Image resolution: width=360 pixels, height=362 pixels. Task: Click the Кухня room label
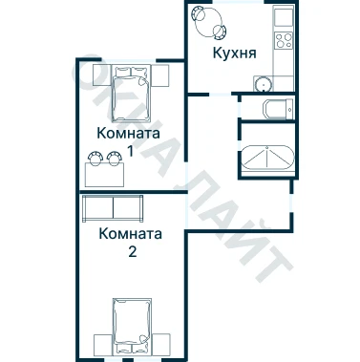pos(234,53)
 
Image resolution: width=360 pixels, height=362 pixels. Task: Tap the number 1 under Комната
pos(130,151)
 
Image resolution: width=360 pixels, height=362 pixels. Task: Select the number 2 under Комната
pos(133,252)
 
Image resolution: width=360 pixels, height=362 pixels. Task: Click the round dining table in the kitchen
pos(207,21)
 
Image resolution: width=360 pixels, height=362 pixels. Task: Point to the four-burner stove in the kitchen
pos(284,40)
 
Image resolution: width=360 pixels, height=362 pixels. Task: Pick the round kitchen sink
pos(264,84)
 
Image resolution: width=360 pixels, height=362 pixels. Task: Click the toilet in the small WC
pos(278,110)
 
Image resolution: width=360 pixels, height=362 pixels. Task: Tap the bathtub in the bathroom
pos(268,158)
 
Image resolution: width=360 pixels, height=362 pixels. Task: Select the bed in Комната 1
pos(132,94)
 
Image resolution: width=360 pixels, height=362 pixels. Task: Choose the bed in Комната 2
pos(132,326)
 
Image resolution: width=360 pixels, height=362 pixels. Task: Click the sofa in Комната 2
pos(113,209)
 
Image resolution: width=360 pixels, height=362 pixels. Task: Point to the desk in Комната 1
pos(104,175)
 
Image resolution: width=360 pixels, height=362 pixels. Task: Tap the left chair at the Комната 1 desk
pos(95,158)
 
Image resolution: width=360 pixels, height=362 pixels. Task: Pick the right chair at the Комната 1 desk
pos(114,158)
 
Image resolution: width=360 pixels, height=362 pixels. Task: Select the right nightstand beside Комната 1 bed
pos(159,75)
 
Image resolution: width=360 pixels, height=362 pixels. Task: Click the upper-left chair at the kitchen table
pos(199,13)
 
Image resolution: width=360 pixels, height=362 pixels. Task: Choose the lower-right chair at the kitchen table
pos(220,32)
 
